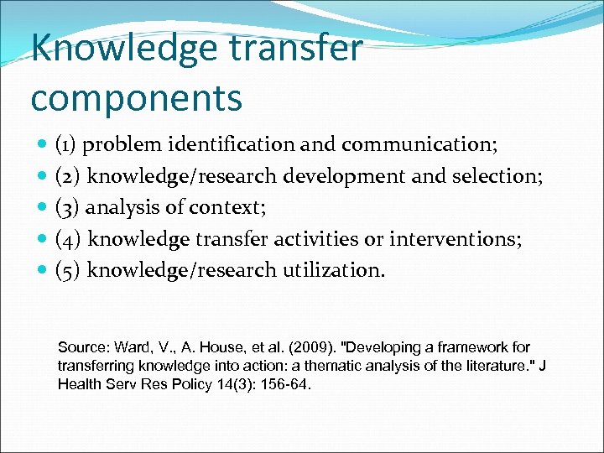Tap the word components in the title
pyautogui.click(x=136, y=97)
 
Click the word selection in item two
pyautogui.click(x=502, y=176)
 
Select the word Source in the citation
pyautogui.click(x=80, y=347)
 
